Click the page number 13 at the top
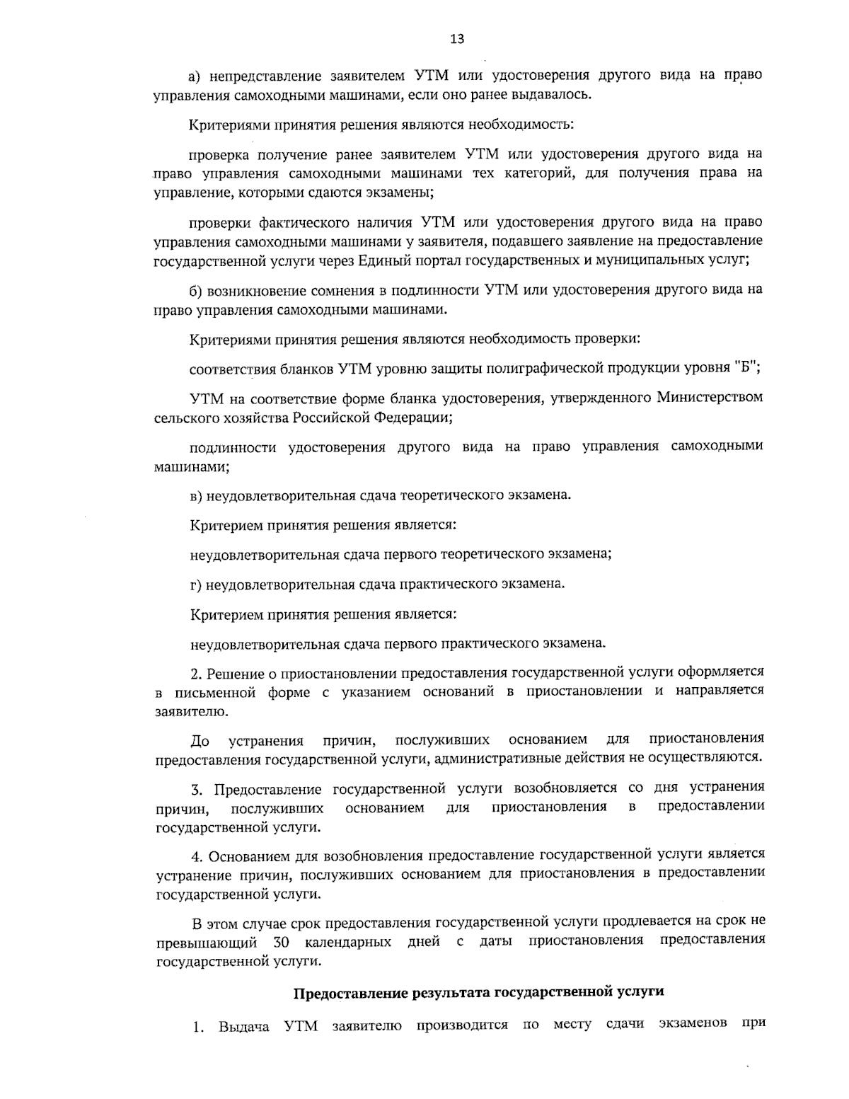[457, 40]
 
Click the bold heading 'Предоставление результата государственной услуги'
[479, 991]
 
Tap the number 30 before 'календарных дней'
[279, 941]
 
